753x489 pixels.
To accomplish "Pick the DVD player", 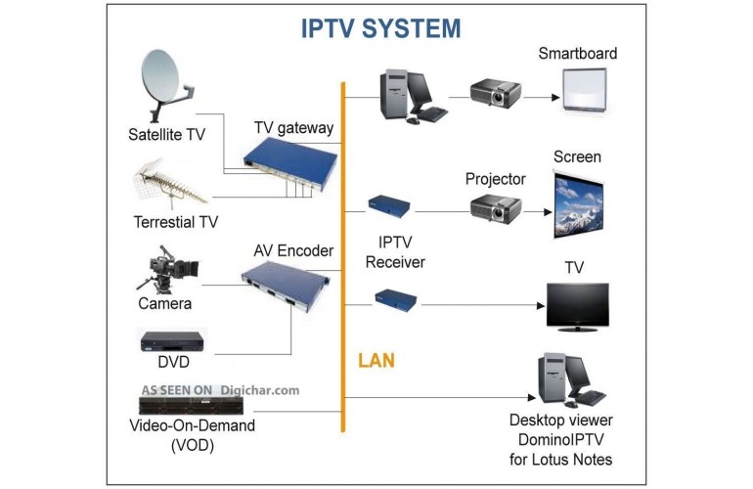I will point(172,341).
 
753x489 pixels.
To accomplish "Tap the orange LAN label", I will point(376,361).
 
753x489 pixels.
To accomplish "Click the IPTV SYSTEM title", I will point(381,28).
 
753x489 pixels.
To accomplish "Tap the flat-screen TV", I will point(577,304).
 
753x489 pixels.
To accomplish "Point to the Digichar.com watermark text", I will point(258,389).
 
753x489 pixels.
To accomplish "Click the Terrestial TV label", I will point(176,222).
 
